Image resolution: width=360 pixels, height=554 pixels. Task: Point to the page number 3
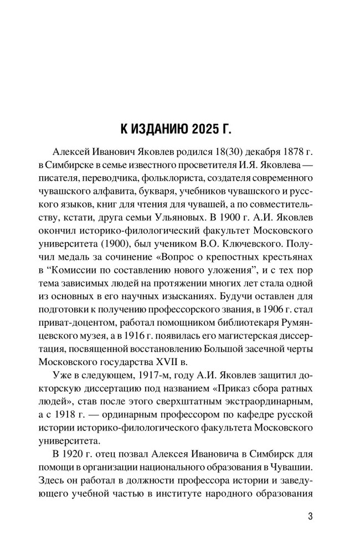coord(310,517)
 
